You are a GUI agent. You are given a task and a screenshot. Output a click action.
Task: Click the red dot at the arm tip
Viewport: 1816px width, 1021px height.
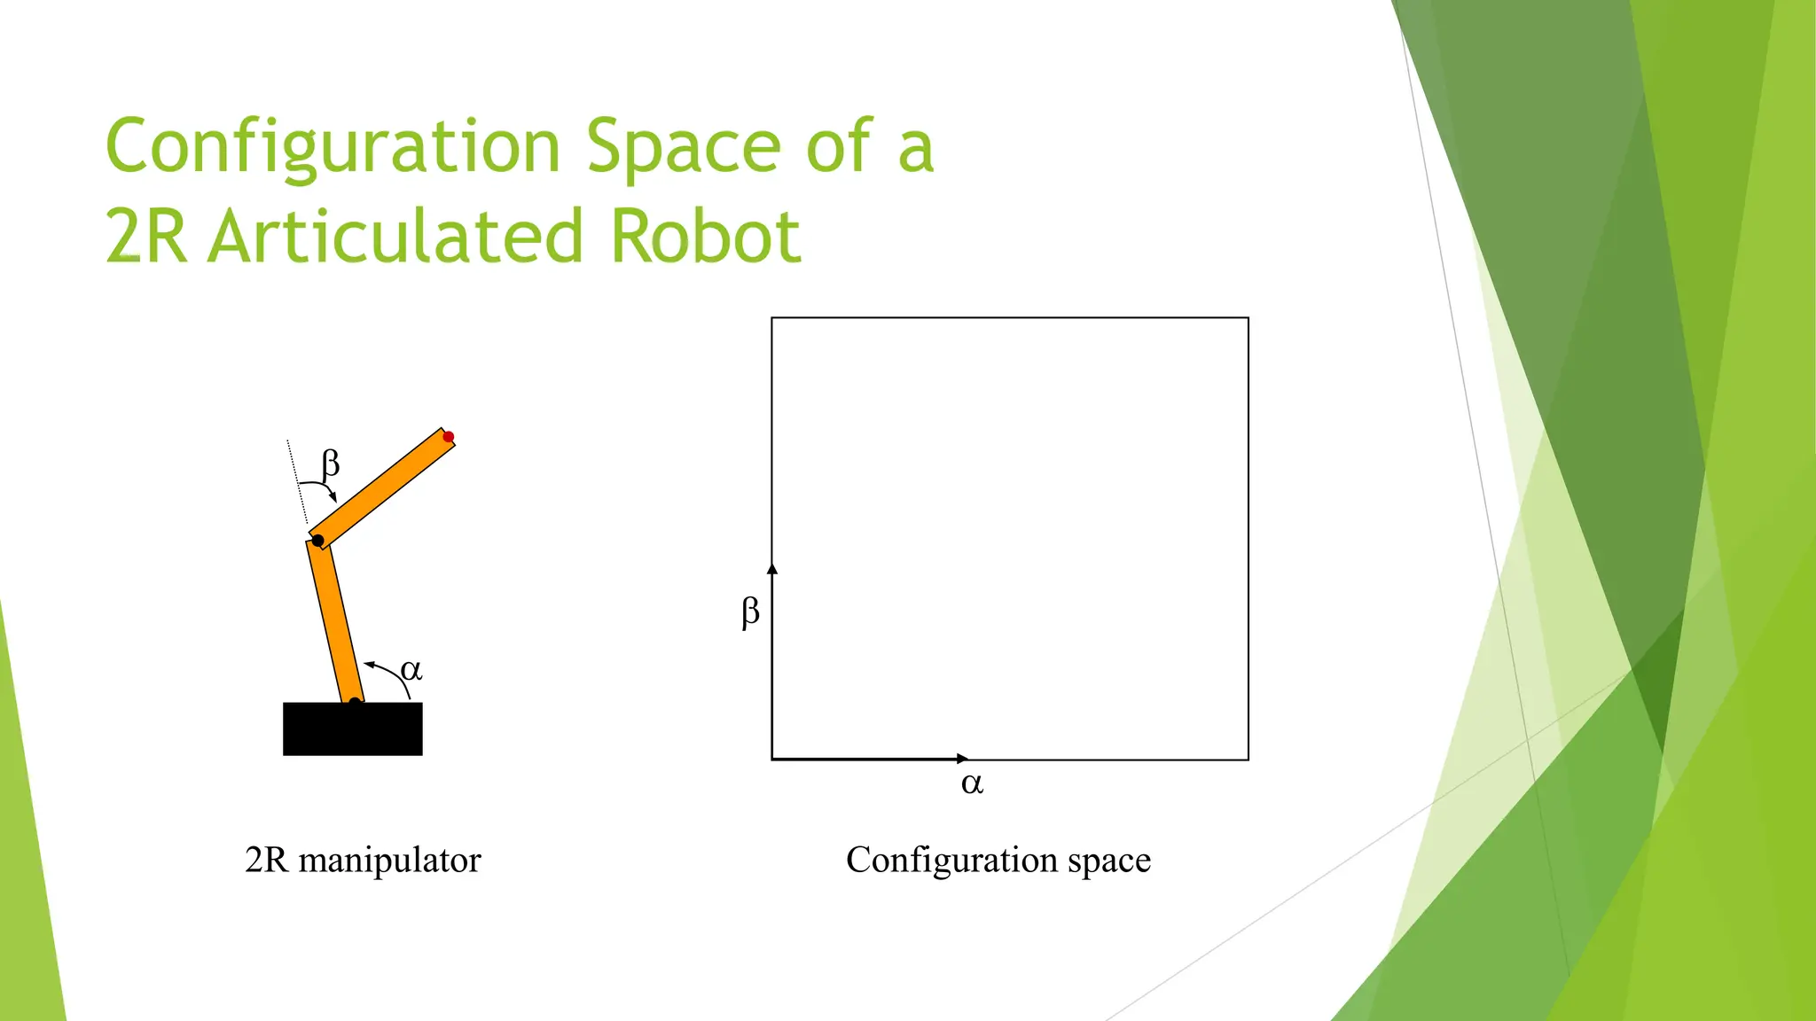[x=449, y=437]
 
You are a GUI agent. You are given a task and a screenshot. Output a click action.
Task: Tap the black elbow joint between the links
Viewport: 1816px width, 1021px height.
[x=317, y=541]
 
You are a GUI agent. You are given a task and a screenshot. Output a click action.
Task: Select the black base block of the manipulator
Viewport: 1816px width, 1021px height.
[x=352, y=729]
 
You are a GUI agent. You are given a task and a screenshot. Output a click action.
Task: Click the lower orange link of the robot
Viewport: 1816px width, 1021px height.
[x=335, y=620]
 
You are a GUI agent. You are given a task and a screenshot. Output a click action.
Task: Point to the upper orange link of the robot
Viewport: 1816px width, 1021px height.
[x=383, y=488]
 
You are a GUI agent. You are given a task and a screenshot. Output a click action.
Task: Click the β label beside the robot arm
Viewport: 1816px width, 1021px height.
[x=330, y=463]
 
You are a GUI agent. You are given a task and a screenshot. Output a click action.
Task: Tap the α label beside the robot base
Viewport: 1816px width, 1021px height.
[x=411, y=670]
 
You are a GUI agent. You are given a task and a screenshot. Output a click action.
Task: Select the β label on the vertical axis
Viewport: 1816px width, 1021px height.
[x=750, y=612]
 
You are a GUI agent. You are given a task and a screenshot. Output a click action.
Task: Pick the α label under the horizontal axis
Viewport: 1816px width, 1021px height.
[x=972, y=783]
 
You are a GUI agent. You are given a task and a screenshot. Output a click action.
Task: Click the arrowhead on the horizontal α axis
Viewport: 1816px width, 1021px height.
[x=963, y=759]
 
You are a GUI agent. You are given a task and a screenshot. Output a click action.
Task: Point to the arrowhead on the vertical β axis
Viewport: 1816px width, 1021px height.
[x=772, y=568]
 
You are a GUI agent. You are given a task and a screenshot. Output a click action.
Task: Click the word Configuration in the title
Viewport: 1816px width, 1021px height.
[x=333, y=147]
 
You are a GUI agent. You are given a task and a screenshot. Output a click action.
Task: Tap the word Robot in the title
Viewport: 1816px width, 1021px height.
[x=706, y=237]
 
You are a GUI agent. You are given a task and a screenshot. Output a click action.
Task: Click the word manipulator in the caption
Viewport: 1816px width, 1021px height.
[x=389, y=861]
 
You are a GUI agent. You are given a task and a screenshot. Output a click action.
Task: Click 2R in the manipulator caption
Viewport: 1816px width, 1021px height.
[x=266, y=860]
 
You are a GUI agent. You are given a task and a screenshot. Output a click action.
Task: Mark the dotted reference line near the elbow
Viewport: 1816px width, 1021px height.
[x=297, y=482]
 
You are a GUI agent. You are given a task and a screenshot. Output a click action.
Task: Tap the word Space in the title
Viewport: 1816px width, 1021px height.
[x=684, y=147]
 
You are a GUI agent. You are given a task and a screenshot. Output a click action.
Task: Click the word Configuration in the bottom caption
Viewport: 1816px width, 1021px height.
[x=951, y=861]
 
